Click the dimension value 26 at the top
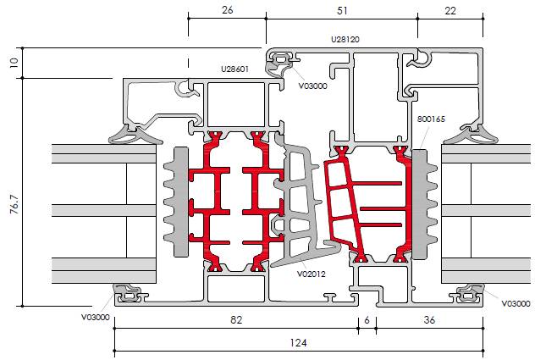[x=227, y=9]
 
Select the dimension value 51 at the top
[x=340, y=9]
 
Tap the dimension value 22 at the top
[x=449, y=9]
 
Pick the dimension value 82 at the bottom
[x=237, y=320]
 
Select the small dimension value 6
[x=367, y=320]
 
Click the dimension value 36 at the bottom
[x=429, y=320]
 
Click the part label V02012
[x=312, y=274]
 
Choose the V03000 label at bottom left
[x=96, y=317]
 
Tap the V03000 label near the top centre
[x=313, y=86]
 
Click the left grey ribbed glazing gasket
[x=178, y=201]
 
